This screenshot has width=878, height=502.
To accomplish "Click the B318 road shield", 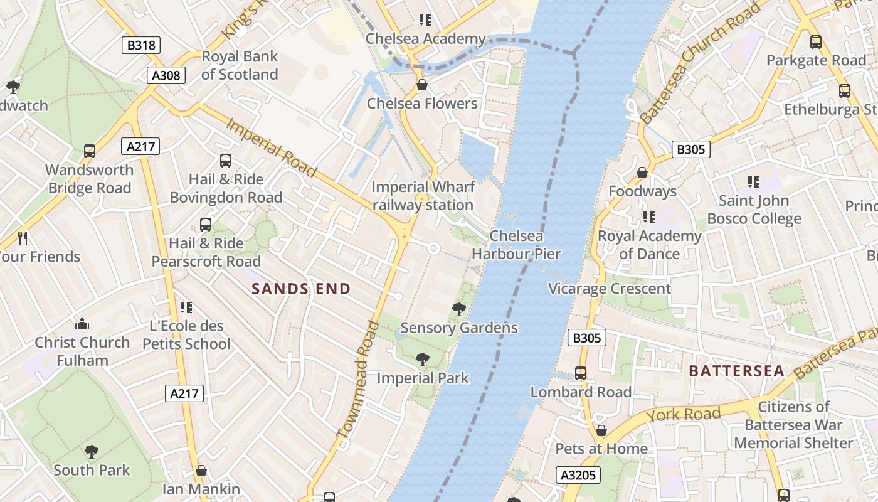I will (141, 45).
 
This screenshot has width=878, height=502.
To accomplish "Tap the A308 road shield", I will (166, 75).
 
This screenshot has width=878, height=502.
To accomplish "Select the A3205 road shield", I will (578, 475).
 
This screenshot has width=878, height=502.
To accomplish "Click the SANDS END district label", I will (301, 289).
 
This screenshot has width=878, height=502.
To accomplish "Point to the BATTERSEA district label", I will (737, 371).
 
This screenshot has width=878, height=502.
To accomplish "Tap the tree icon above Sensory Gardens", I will (459, 309).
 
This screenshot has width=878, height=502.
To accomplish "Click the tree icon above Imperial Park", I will (423, 360).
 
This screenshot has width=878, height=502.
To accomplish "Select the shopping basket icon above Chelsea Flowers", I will (422, 85).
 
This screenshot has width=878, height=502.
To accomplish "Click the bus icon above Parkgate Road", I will (815, 42).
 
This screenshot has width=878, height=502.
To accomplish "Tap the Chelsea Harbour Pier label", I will (516, 245).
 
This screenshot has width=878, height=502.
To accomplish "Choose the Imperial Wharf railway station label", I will (423, 196).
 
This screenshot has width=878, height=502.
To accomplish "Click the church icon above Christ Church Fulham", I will (82, 324).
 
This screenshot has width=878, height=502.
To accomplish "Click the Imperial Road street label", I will (271, 147).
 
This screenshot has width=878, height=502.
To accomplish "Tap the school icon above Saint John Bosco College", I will (753, 182).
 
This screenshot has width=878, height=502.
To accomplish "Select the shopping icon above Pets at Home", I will (601, 430).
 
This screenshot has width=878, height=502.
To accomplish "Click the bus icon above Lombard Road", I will (581, 373).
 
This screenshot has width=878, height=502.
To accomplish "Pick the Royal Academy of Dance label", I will (649, 245).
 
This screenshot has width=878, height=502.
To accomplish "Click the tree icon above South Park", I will (92, 451).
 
